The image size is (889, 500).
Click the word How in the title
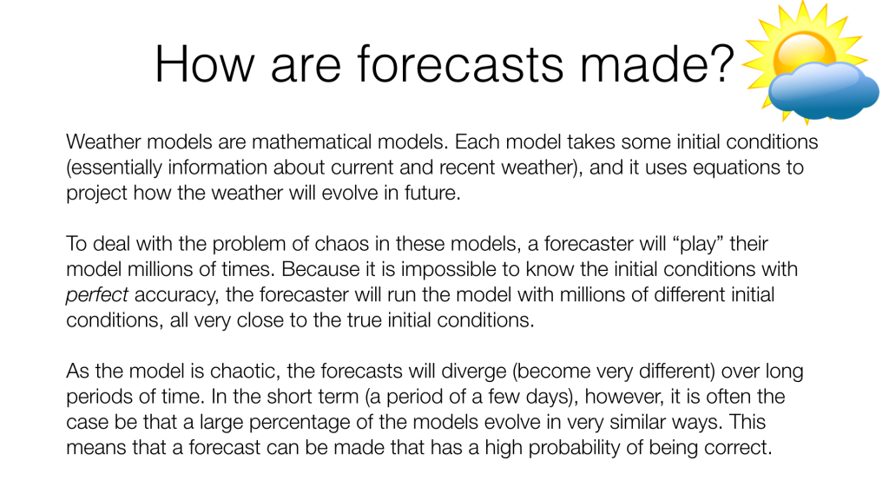coord(204,64)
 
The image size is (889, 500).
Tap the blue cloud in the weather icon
coord(823,90)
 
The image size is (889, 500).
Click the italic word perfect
coord(97,295)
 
